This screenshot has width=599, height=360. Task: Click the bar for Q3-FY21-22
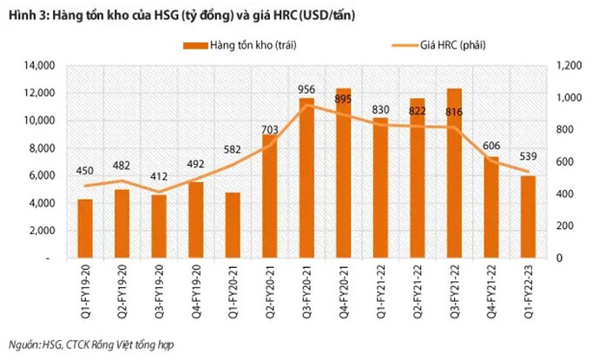454,173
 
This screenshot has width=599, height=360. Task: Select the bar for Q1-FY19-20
85,229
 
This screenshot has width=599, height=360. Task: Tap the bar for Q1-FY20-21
233,226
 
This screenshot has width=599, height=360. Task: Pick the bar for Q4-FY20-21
343,173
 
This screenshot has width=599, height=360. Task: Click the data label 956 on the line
306,88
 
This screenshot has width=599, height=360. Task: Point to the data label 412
159,178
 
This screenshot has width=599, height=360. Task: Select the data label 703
269,130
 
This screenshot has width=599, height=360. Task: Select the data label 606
491,146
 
